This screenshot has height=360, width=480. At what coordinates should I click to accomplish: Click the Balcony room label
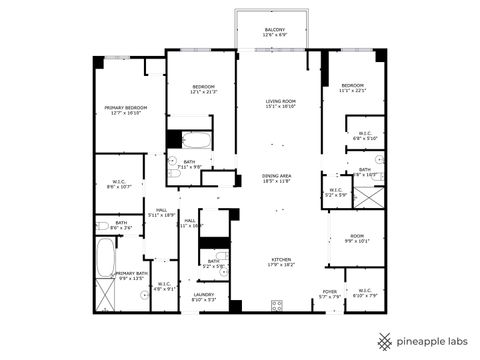coord(275,33)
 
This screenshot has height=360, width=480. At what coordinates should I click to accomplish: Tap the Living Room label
coord(281,103)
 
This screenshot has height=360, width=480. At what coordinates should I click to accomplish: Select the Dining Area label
coord(277,178)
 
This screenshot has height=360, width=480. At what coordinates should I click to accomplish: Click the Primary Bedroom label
coord(128,110)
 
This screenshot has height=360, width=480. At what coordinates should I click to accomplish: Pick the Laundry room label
coord(204,297)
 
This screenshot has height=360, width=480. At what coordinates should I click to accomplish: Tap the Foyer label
coord(330,293)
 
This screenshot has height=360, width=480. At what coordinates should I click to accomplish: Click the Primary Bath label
coord(132,275)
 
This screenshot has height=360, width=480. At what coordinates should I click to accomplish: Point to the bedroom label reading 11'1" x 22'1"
coord(353,88)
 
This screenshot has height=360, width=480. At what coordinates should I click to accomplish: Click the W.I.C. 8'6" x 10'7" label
coord(119,183)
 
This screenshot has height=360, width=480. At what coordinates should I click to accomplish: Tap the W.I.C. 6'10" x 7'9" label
coord(364,293)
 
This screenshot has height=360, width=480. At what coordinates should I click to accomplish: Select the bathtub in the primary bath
coord(105,258)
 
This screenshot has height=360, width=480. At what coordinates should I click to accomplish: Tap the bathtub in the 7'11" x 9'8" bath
coord(197,140)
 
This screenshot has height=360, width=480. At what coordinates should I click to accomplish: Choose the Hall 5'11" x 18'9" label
coord(161,213)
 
